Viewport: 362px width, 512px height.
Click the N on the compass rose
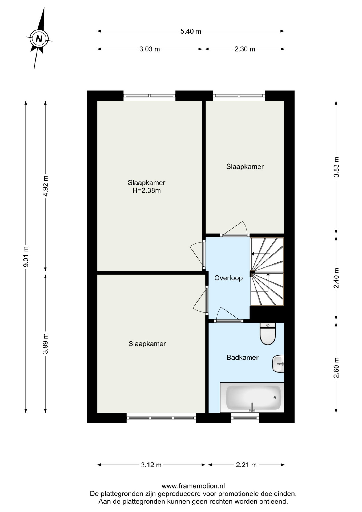click(x=39, y=39)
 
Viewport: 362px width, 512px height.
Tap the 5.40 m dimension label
click(x=191, y=31)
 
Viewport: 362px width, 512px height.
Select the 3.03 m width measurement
click(x=150, y=49)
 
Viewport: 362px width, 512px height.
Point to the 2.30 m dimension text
click(x=245, y=49)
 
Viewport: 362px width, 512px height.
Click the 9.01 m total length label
click(x=26, y=257)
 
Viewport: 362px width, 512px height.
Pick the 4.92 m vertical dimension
click(x=46, y=186)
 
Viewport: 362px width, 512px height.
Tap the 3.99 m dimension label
click(x=46, y=343)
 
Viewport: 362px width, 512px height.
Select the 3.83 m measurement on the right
click(x=336, y=167)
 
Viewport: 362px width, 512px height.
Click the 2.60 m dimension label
click(x=336, y=367)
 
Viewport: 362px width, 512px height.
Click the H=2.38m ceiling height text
click(x=147, y=190)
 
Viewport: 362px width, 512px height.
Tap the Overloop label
click(x=228, y=278)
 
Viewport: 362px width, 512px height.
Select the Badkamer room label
click(x=243, y=358)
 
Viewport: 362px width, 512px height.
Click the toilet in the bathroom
click(x=267, y=334)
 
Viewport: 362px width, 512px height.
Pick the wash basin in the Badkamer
click(x=278, y=364)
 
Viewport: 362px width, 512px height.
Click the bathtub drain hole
click(x=275, y=397)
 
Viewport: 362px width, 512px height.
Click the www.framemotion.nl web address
click(x=193, y=486)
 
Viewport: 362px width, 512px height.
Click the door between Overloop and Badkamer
click(x=230, y=315)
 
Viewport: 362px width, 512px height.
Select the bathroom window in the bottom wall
click(x=245, y=418)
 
